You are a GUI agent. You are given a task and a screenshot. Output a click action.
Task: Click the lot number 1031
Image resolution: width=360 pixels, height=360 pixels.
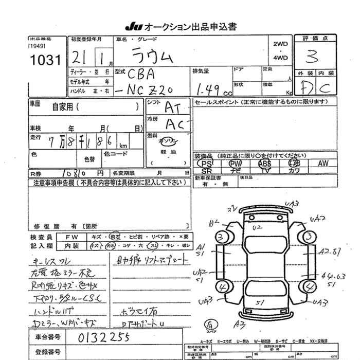point(45,60)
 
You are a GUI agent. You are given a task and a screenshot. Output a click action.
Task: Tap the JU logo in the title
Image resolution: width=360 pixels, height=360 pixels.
point(132,26)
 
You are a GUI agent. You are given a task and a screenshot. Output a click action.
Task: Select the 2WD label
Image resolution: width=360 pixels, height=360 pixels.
point(281,44)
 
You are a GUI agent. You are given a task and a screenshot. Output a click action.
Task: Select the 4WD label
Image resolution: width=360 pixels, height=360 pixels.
point(281,58)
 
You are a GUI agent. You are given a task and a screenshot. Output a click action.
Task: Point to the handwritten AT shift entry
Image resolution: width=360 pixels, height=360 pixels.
point(173,107)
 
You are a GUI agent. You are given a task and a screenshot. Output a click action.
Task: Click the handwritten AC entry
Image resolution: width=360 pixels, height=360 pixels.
point(173,123)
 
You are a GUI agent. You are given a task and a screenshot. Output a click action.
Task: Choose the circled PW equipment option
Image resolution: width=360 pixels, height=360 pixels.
point(235,163)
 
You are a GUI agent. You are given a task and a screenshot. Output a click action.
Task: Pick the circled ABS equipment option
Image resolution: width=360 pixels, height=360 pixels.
point(265,163)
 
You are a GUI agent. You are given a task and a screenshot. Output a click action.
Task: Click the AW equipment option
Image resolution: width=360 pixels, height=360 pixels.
point(323,163)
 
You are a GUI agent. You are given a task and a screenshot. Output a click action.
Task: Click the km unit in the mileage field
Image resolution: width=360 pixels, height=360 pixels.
point(123,145)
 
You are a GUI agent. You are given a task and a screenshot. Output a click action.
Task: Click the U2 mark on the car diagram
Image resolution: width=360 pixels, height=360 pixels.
point(258,227)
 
